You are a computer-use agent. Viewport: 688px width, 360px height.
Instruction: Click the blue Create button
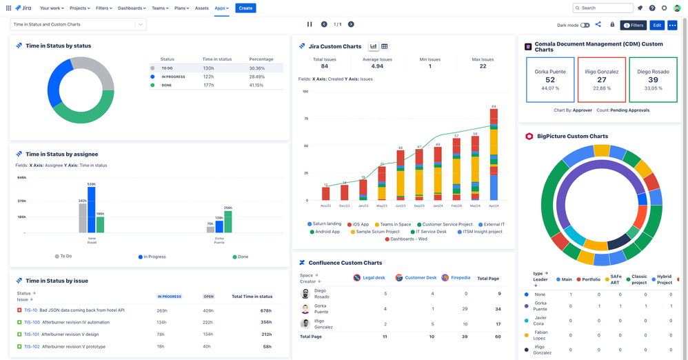pos(245,8)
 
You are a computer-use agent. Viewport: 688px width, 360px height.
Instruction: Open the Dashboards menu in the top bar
pos(132,8)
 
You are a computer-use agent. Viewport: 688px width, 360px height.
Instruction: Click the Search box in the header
pos(603,8)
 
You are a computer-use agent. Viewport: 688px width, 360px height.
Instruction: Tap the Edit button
pos(657,25)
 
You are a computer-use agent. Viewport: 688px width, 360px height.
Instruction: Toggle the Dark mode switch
pos(585,25)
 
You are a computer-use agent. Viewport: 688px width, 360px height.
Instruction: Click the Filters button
pos(634,25)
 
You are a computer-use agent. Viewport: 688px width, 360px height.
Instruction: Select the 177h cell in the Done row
pos(209,85)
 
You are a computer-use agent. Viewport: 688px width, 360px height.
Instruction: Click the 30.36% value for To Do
pos(257,68)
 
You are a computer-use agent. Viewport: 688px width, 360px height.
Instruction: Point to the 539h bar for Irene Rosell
pos(92,209)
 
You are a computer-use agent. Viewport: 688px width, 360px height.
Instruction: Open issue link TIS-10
pos(31,310)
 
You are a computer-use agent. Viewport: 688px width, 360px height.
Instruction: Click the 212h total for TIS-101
pos(266,334)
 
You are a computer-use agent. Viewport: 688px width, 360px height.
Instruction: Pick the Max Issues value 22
pos(483,66)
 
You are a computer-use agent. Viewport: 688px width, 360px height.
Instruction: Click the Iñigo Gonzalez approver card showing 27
pos(602,80)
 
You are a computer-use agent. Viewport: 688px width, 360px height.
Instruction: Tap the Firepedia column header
pos(456,277)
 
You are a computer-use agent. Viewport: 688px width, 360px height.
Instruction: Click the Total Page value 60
pos(498,337)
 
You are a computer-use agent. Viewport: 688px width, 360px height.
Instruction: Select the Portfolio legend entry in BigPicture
pos(588,279)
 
